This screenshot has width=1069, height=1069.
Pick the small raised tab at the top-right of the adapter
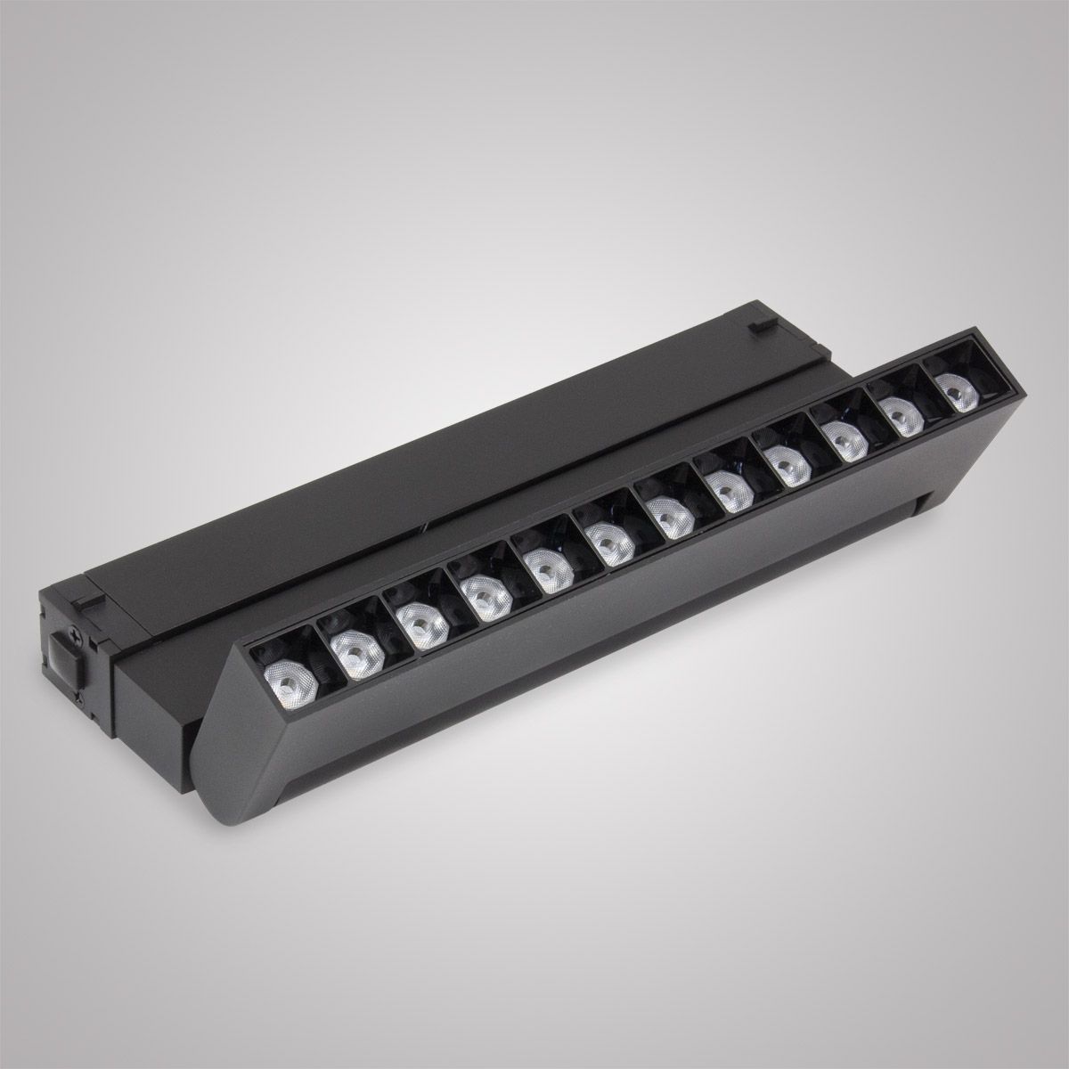[x=759, y=326]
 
